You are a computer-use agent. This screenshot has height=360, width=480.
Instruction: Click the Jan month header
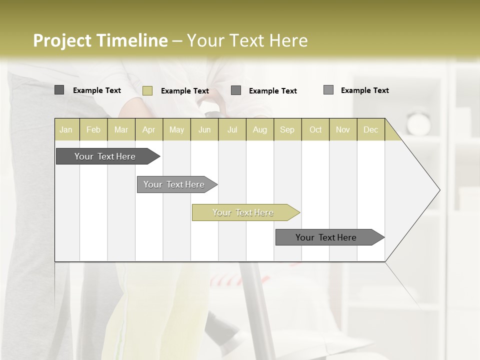(66, 129)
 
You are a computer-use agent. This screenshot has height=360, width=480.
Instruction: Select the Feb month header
(93, 129)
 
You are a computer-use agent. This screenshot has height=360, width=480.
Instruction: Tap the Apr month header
(149, 129)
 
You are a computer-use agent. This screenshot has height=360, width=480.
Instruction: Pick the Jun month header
(204, 129)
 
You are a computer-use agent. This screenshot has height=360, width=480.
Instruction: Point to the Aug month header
(260, 129)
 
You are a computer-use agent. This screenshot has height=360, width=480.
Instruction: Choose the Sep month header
(287, 129)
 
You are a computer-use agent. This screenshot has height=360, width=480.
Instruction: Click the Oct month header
(315, 129)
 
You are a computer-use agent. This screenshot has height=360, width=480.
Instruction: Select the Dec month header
(371, 129)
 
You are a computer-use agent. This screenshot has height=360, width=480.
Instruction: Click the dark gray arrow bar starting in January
(105, 156)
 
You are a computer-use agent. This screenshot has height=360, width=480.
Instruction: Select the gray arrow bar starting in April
(174, 184)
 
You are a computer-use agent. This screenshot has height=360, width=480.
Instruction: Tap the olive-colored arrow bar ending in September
(243, 212)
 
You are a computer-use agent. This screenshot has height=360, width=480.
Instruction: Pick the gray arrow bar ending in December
(326, 237)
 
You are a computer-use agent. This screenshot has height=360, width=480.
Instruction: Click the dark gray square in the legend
(59, 90)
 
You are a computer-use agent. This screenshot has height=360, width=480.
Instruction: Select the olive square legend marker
(147, 90)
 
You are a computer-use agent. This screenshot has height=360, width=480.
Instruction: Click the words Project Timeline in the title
(100, 40)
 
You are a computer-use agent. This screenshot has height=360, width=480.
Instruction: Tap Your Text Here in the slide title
(247, 40)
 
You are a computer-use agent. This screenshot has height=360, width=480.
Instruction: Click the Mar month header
(121, 129)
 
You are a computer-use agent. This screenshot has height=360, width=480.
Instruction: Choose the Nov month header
(343, 129)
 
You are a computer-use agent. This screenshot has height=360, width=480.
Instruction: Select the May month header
(176, 129)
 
